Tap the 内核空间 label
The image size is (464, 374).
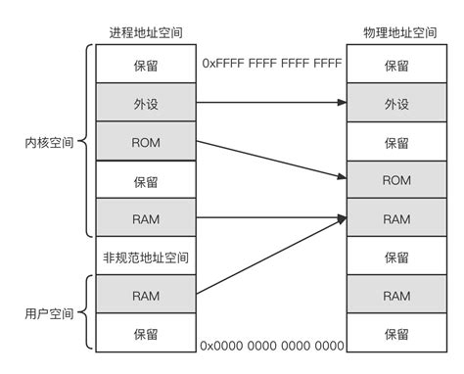click(47, 141)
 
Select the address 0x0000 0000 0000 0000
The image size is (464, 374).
click(272, 346)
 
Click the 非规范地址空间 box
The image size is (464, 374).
click(145, 257)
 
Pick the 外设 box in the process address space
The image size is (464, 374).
click(145, 102)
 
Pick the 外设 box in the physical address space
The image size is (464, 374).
click(395, 102)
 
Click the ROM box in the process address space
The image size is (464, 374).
click(145, 141)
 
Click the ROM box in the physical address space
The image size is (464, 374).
click(395, 180)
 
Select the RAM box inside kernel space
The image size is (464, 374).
click(145, 218)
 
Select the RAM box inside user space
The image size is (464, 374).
click(145, 295)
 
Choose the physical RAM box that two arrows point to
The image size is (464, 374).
click(395, 218)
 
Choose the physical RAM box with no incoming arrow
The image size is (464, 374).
click(395, 295)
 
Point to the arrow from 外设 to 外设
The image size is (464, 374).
click(272, 102)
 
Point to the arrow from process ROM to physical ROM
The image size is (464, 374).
click(272, 161)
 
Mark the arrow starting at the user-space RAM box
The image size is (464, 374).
click(272, 256)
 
